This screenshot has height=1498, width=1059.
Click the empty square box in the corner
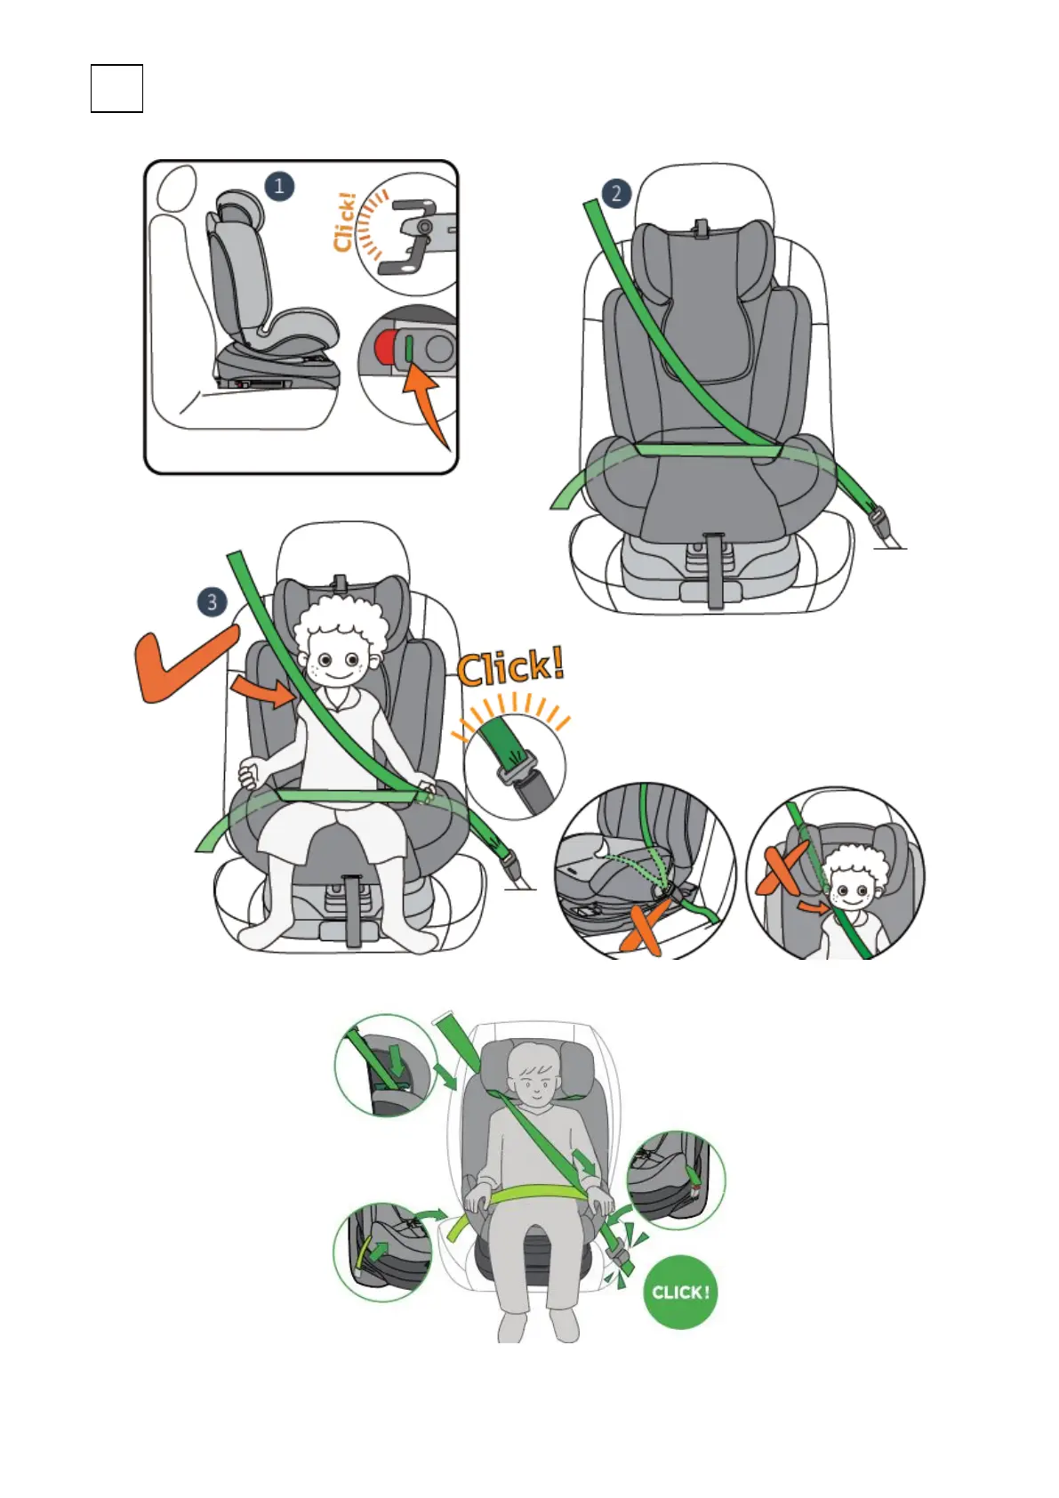point(116,88)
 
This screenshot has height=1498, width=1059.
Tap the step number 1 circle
point(279,187)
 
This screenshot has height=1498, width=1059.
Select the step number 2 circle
point(616,194)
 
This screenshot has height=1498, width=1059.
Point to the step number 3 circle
point(212,602)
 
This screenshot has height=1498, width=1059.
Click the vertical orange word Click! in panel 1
point(344,222)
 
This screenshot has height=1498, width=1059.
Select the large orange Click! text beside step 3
point(511,667)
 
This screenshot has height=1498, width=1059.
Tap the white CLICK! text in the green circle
point(680,1292)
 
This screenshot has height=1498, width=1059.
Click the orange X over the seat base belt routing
point(645,925)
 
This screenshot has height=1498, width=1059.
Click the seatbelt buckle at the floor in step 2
point(878,519)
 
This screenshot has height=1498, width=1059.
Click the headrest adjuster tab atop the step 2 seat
point(701,228)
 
